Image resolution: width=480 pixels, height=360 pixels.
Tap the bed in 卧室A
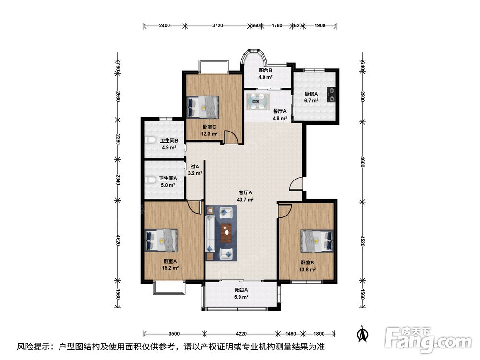click(161, 240)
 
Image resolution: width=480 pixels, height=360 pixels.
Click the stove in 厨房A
click(331, 95)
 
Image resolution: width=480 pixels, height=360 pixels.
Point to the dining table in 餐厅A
click(258, 101)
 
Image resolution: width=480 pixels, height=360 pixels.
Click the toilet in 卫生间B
click(149, 141)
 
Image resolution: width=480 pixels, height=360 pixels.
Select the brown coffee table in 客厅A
click(226, 232)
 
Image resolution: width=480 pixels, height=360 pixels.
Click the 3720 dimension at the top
click(217, 26)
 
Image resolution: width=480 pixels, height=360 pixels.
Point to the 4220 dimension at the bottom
click(241, 334)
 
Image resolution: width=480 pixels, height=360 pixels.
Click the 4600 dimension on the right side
click(362, 162)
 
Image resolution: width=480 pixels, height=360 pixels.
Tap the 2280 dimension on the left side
click(118, 140)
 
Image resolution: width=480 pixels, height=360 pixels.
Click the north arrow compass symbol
click(363, 334)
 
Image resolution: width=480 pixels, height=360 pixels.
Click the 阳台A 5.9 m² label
click(241, 293)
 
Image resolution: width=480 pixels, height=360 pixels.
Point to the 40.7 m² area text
click(245, 200)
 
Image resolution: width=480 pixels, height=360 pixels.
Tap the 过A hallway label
click(195, 167)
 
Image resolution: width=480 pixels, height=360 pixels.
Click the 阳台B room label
click(265, 70)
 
